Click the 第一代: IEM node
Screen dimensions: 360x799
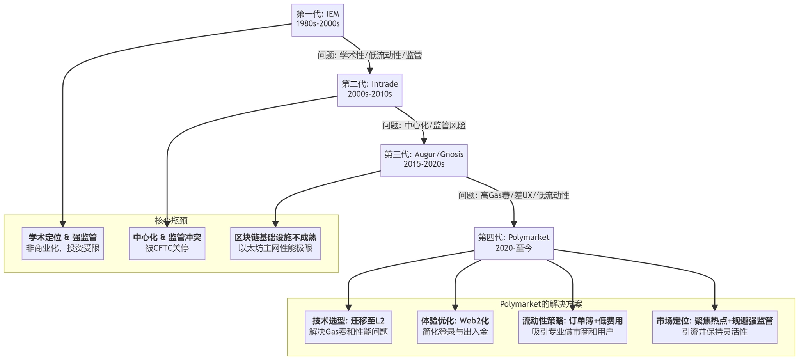[x=318, y=20]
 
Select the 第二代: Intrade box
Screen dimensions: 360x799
[x=369, y=90]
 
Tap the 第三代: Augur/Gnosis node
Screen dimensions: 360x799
[x=424, y=160]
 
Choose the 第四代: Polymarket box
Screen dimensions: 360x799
[x=513, y=243]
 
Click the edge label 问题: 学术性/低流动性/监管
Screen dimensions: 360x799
[x=369, y=55]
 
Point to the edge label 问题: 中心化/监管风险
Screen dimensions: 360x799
[x=424, y=125]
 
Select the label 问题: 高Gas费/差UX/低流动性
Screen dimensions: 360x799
[x=513, y=195]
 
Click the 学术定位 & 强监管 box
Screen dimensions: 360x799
[x=62, y=243]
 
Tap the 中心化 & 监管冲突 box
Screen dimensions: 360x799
[x=167, y=243]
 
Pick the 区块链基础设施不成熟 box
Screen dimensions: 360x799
[x=275, y=243]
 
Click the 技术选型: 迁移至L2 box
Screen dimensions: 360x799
[x=348, y=326]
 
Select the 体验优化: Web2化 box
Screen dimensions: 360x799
[x=455, y=326]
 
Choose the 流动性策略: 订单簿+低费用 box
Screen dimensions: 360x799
[x=572, y=326]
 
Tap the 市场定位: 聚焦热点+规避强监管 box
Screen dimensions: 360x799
[x=714, y=326]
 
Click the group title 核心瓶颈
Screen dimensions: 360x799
[x=171, y=220]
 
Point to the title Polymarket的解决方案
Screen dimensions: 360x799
[x=541, y=304]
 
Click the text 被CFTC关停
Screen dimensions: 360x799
[x=167, y=248]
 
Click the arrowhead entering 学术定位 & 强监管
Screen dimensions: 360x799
[x=62, y=224]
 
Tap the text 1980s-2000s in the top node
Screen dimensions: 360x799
[x=318, y=23]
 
